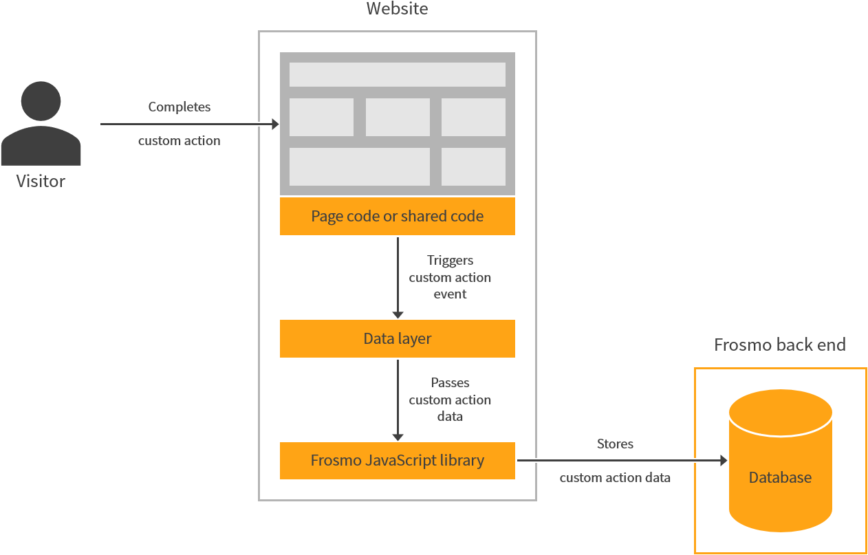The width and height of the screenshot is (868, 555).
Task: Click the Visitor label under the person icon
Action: [x=41, y=182]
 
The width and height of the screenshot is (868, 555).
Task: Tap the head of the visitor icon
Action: [x=41, y=101]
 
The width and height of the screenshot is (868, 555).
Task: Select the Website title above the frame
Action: [x=397, y=9]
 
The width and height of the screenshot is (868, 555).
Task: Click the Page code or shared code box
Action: [x=397, y=216]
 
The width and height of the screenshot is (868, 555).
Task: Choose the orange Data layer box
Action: [x=397, y=338]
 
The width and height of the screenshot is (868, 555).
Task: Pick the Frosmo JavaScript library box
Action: [x=397, y=460]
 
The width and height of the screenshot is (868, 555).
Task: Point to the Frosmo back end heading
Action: [x=779, y=345]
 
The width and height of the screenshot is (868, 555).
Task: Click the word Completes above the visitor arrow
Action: [x=180, y=107]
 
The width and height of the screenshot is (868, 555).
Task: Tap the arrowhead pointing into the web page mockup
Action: [x=275, y=124]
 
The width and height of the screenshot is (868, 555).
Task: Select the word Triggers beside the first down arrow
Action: [x=450, y=261]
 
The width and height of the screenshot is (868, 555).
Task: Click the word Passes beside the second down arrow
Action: [x=450, y=383]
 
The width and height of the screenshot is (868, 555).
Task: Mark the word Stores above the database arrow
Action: [x=615, y=444]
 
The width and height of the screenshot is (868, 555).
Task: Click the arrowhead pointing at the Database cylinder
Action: [x=723, y=461]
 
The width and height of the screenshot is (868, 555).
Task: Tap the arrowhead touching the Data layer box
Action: [x=398, y=315]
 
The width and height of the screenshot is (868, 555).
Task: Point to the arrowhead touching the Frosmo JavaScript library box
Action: [x=398, y=437]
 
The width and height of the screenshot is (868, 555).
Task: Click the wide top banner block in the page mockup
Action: [x=397, y=74]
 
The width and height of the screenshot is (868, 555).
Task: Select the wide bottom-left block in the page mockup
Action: [x=359, y=166]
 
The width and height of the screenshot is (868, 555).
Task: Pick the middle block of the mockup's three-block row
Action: [x=398, y=117]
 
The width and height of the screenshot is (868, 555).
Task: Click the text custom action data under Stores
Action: [x=615, y=478]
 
